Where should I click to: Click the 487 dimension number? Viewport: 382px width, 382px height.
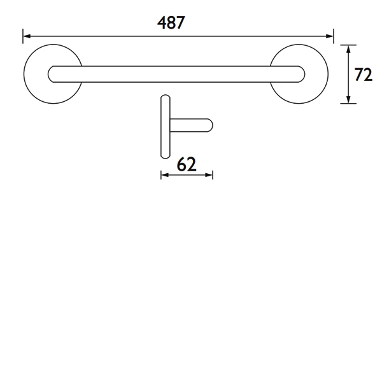point(171,23)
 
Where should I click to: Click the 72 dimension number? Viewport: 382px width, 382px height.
point(364,74)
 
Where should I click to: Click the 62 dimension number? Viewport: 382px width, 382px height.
point(186,164)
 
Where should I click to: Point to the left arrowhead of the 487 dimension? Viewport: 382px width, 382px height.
point(26,36)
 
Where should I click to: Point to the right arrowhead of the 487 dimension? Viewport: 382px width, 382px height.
point(330,36)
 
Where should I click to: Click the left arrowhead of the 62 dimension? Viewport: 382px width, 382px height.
point(164,174)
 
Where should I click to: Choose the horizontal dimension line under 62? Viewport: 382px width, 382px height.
point(187,174)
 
